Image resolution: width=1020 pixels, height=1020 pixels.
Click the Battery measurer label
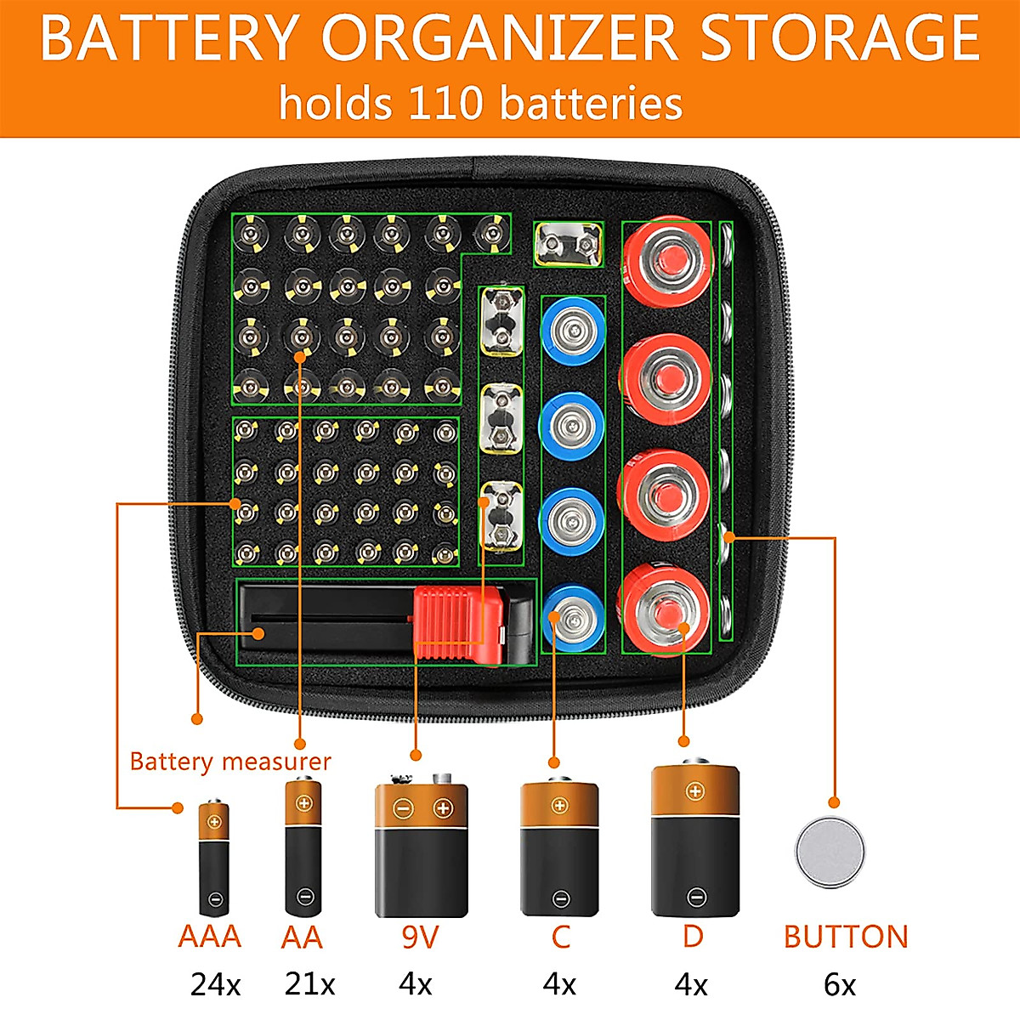pyautogui.click(x=229, y=761)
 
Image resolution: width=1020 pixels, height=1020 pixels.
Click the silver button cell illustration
pyautogui.click(x=830, y=852)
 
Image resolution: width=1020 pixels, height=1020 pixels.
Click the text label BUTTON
pyautogui.click(x=846, y=937)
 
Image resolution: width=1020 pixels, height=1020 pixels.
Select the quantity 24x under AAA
pyautogui.click(x=215, y=985)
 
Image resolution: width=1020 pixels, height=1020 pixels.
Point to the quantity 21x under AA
pyautogui.click(x=309, y=984)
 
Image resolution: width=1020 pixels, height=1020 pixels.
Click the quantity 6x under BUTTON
pyautogui.click(x=839, y=985)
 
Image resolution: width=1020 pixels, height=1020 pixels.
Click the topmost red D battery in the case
pyautogui.click(x=667, y=259)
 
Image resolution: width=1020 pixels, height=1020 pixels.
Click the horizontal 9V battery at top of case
pyautogui.click(x=569, y=245)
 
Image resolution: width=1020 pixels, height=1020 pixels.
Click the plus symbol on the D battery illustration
pyautogui.click(x=694, y=792)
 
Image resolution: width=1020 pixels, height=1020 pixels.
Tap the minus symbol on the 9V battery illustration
pyautogui.click(x=403, y=807)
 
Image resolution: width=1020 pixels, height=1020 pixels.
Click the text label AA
pyautogui.click(x=302, y=937)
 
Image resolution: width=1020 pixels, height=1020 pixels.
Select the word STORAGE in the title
pyautogui.click(x=839, y=38)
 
